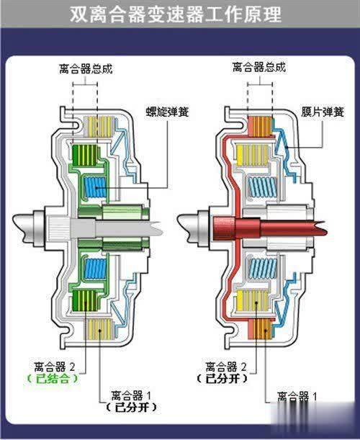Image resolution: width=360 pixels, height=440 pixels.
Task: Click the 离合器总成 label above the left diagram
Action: tap(86, 69)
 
